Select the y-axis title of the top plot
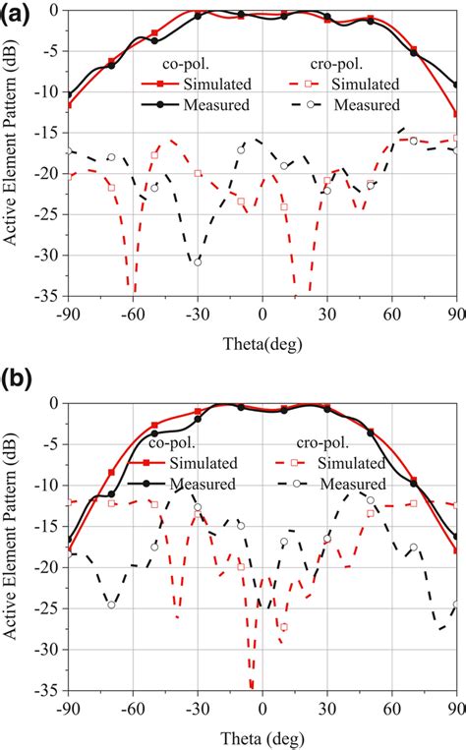click(14, 153)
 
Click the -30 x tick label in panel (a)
click(197, 314)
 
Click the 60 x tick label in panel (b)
click(392, 707)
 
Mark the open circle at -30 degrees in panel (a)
click(198, 262)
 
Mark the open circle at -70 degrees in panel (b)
click(111, 605)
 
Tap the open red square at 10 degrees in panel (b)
click(284, 626)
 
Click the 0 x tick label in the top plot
click(262, 314)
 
